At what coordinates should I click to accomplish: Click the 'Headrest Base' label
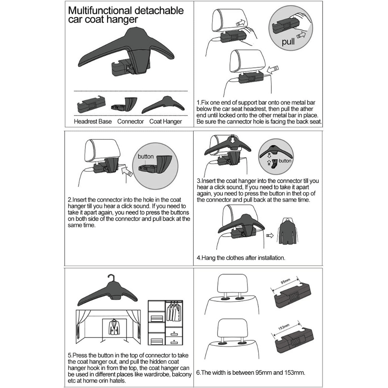click(x=93, y=121)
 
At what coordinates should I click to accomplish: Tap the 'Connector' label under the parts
click(x=130, y=121)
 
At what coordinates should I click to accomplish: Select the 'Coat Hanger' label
click(x=166, y=121)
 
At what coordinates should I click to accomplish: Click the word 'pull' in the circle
click(x=288, y=42)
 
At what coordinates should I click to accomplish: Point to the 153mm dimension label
click(x=283, y=327)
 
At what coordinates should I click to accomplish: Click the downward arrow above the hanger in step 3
click(x=232, y=139)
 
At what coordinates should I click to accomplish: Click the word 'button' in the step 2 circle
click(x=145, y=156)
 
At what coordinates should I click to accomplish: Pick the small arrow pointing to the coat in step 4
click(x=270, y=235)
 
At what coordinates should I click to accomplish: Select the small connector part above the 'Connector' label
click(x=124, y=105)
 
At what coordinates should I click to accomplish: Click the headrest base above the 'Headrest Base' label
click(x=91, y=105)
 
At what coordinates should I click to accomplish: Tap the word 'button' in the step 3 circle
click(x=285, y=161)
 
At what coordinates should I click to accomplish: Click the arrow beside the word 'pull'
click(x=301, y=35)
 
